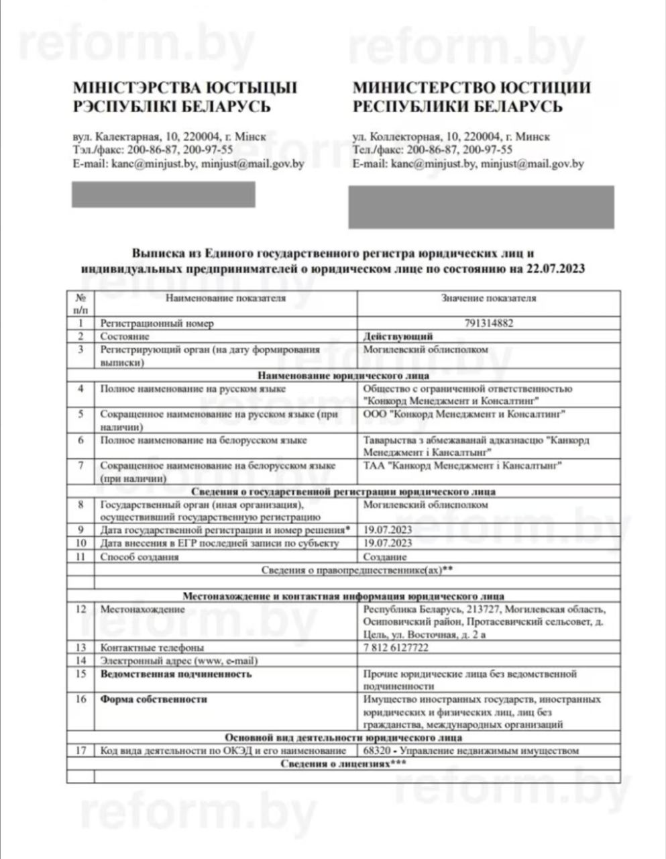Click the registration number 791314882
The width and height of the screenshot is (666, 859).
click(x=488, y=323)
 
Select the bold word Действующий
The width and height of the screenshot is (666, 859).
click(x=398, y=336)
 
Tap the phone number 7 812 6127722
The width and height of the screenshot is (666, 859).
click(x=396, y=648)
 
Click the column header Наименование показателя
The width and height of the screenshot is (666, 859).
click(x=225, y=298)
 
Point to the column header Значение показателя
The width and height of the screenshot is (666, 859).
click(x=488, y=298)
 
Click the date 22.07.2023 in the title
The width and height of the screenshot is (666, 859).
click(x=556, y=269)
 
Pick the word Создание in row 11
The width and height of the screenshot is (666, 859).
click(x=385, y=557)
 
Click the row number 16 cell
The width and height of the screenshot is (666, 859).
click(x=81, y=699)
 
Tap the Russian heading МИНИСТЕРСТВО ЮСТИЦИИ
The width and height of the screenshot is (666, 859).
click(x=471, y=88)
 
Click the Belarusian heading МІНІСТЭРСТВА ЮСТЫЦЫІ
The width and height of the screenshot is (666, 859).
click(x=184, y=88)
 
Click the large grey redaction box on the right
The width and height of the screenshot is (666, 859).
click(x=480, y=207)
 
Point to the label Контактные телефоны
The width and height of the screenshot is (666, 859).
click(x=152, y=648)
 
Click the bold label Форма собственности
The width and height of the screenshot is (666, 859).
click(x=154, y=699)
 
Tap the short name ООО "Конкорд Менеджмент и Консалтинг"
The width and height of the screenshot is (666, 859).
click(x=463, y=414)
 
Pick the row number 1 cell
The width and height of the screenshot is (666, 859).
click(x=81, y=323)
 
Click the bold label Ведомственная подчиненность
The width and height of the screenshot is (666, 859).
click(x=176, y=674)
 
